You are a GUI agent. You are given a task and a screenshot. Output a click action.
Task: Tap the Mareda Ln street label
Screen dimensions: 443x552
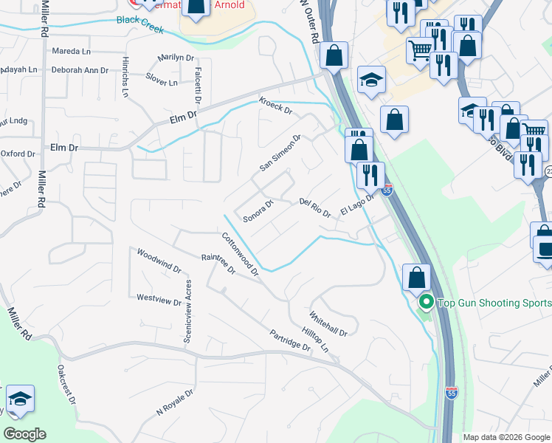pyautogui.click(x=71, y=52)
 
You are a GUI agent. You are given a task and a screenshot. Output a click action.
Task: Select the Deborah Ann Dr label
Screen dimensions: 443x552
pyautogui.click(x=80, y=70)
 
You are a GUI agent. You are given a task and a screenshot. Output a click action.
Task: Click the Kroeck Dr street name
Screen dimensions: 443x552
pyautogui.click(x=275, y=107)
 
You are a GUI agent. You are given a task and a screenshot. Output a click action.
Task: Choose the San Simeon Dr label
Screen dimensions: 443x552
pyautogui.click(x=280, y=153)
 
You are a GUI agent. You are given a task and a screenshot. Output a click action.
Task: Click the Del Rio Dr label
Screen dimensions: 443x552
pyautogui.click(x=315, y=207)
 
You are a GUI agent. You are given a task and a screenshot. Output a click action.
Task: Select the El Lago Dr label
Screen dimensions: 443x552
pyautogui.click(x=359, y=203)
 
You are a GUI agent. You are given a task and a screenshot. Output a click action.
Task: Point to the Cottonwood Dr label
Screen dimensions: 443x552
pyautogui.click(x=241, y=254)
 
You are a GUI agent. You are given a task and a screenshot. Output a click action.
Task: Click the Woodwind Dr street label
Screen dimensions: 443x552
pyautogui.click(x=159, y=261)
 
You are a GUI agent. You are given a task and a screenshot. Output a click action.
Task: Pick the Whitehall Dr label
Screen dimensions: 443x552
pyautogui.click(x=328, y=323)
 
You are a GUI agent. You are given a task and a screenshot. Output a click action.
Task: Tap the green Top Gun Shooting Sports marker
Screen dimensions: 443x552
pyautogui.click(x=425, y=303)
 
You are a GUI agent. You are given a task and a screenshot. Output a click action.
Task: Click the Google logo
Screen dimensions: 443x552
pyautogui.click(x=24, y=434)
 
